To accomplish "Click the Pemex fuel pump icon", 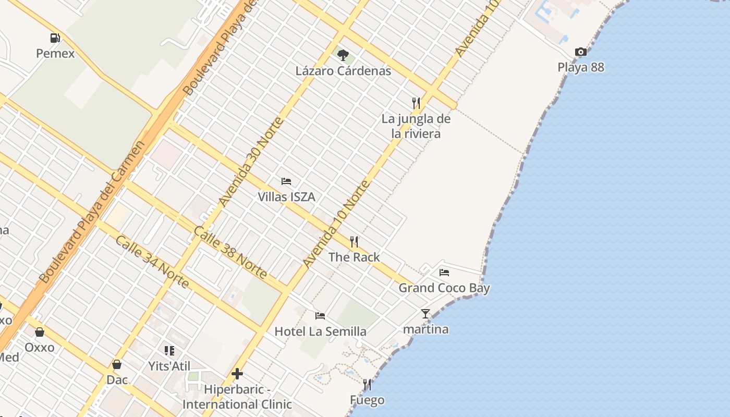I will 55,38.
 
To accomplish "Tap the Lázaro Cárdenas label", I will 343,71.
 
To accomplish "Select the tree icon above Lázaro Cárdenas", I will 343,55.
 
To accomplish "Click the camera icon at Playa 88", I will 580,52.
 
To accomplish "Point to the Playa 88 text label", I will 581,67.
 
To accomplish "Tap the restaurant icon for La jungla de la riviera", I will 416,103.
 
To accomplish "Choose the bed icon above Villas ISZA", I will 286,181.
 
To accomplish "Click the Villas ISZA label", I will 286,197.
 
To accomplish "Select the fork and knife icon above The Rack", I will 354,241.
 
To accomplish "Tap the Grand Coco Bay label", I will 444,288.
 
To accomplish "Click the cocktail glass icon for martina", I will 425,314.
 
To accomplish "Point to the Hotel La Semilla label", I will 320,332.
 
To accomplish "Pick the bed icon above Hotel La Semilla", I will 320,316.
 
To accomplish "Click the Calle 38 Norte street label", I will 230,253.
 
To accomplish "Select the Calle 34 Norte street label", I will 152,262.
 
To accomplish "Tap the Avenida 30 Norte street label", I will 251,162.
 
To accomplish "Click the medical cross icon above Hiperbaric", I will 237,374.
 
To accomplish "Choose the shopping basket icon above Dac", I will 117,364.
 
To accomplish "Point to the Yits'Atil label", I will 169,366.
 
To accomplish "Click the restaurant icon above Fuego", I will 367,385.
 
